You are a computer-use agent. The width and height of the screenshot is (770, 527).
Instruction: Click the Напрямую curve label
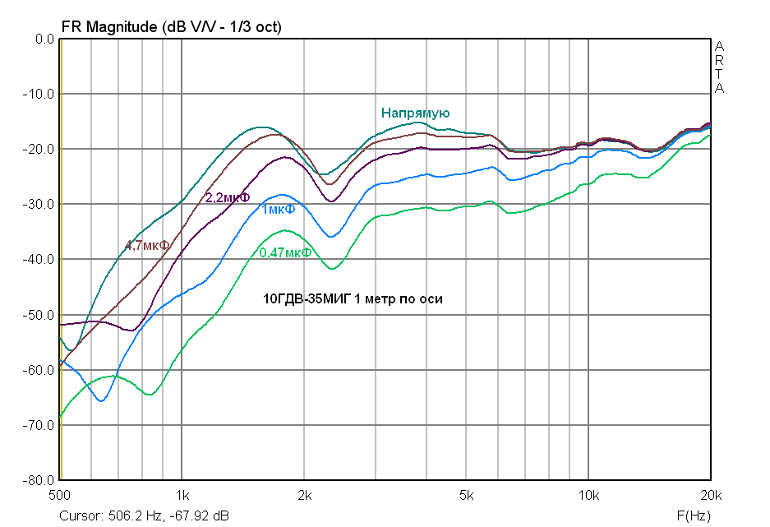tap(415, 113)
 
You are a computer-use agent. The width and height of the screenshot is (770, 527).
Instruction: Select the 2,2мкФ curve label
tap(227, 197)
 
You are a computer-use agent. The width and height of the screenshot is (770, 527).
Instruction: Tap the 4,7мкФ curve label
tap(148, 245)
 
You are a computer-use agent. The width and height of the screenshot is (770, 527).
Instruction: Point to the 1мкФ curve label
tap(279, 210)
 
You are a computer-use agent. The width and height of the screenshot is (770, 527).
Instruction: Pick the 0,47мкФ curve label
tap(285, 252)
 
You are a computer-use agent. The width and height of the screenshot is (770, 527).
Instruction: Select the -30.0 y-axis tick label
tap(38, 204)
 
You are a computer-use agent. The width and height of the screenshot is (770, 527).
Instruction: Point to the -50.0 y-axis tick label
tap(38, 315)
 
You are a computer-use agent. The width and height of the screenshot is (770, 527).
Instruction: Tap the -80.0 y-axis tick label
tap(38, 480)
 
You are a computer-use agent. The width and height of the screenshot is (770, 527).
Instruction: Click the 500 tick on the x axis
tap(59, 496)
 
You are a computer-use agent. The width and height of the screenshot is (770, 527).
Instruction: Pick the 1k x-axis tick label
tap(182, 496)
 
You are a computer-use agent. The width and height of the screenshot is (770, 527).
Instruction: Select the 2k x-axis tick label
tap(304, 496)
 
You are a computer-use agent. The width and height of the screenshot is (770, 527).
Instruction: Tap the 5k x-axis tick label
tap(466, 496)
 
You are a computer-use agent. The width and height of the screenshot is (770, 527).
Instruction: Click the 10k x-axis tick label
tap(588, 496)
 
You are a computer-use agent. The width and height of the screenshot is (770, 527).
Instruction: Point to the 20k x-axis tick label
tap(710, 496)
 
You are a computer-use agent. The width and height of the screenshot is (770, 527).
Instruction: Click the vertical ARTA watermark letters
tap(719, 67)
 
